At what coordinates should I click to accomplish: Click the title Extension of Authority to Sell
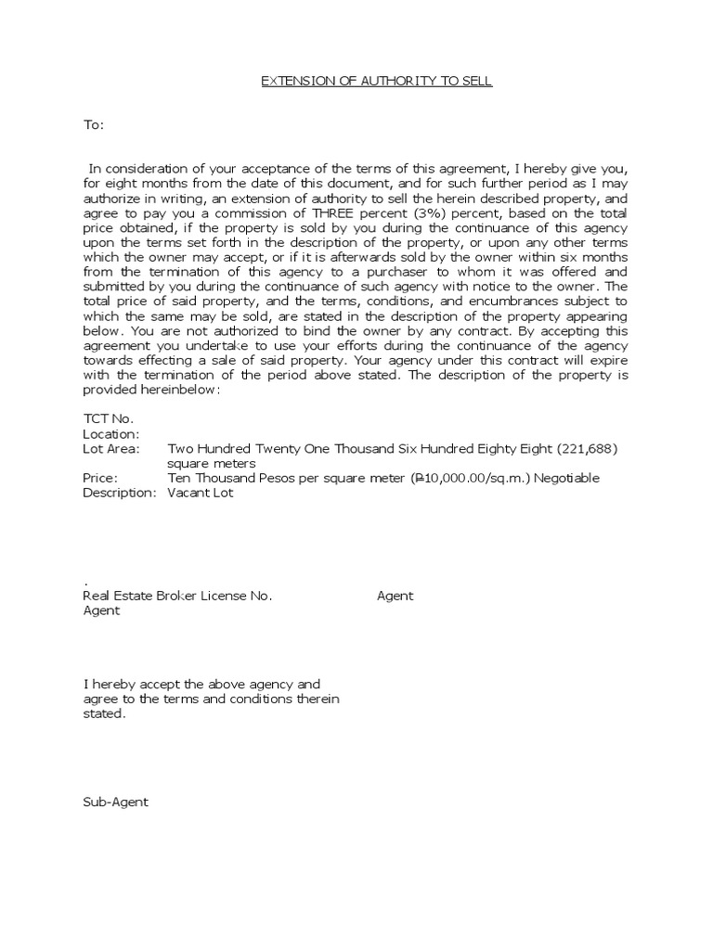tap(375, 82)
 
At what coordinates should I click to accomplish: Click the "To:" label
tap(94, 124)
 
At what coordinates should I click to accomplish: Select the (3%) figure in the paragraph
tap(398, 212)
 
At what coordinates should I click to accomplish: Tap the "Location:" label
tap(111, 434)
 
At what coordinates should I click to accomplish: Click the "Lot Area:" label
tap(111, 449)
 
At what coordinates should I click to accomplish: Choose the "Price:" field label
tap(100, 478)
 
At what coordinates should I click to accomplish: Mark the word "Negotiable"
tap(564, 478)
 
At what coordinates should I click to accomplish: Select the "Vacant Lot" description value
tap(201, 493)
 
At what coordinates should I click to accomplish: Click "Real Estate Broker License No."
tap(177, 597)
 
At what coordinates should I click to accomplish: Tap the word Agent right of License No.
tap(395, 597)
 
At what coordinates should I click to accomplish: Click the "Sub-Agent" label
tap(115, 802)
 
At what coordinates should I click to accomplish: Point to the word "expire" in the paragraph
tap(610, 361)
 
